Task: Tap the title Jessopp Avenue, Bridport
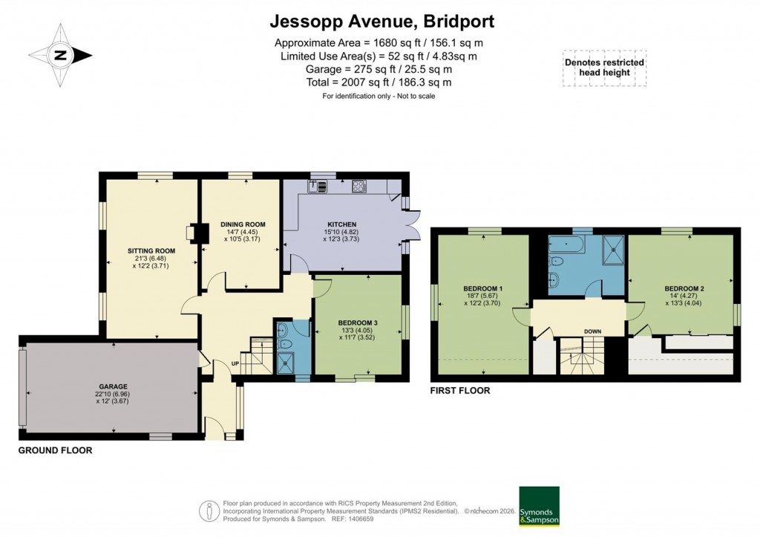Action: coord(381,20)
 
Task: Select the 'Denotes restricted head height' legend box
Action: coord(604,68)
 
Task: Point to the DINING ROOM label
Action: coord(242,224)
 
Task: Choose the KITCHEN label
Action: coord(343,224)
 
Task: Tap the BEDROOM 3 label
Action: coord(358,323)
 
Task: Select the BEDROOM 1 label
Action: coord(483,288)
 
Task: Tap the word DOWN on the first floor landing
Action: coord(592,331)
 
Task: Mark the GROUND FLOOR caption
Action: coord(55,450)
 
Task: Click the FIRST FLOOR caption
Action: coord(460,390)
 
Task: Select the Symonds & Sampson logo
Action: coord(539,505)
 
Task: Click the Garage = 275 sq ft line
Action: coord(379,69)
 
